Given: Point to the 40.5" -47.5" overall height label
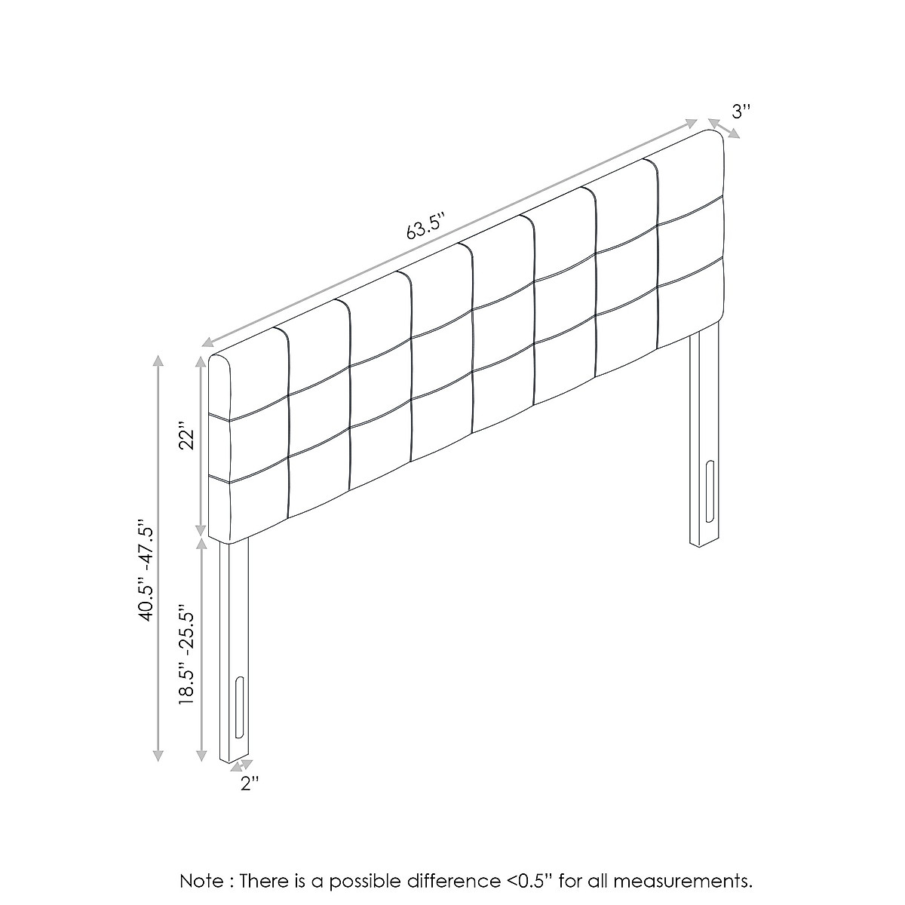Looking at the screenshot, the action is coord(146,569).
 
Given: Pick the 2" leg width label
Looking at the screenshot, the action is coord(250,784).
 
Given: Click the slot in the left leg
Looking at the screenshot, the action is coord(239,707).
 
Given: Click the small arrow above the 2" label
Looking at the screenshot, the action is coord(241,765).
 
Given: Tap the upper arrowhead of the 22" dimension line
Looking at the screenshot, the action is coord(201,362).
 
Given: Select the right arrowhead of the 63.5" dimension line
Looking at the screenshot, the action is coord(690,123).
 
